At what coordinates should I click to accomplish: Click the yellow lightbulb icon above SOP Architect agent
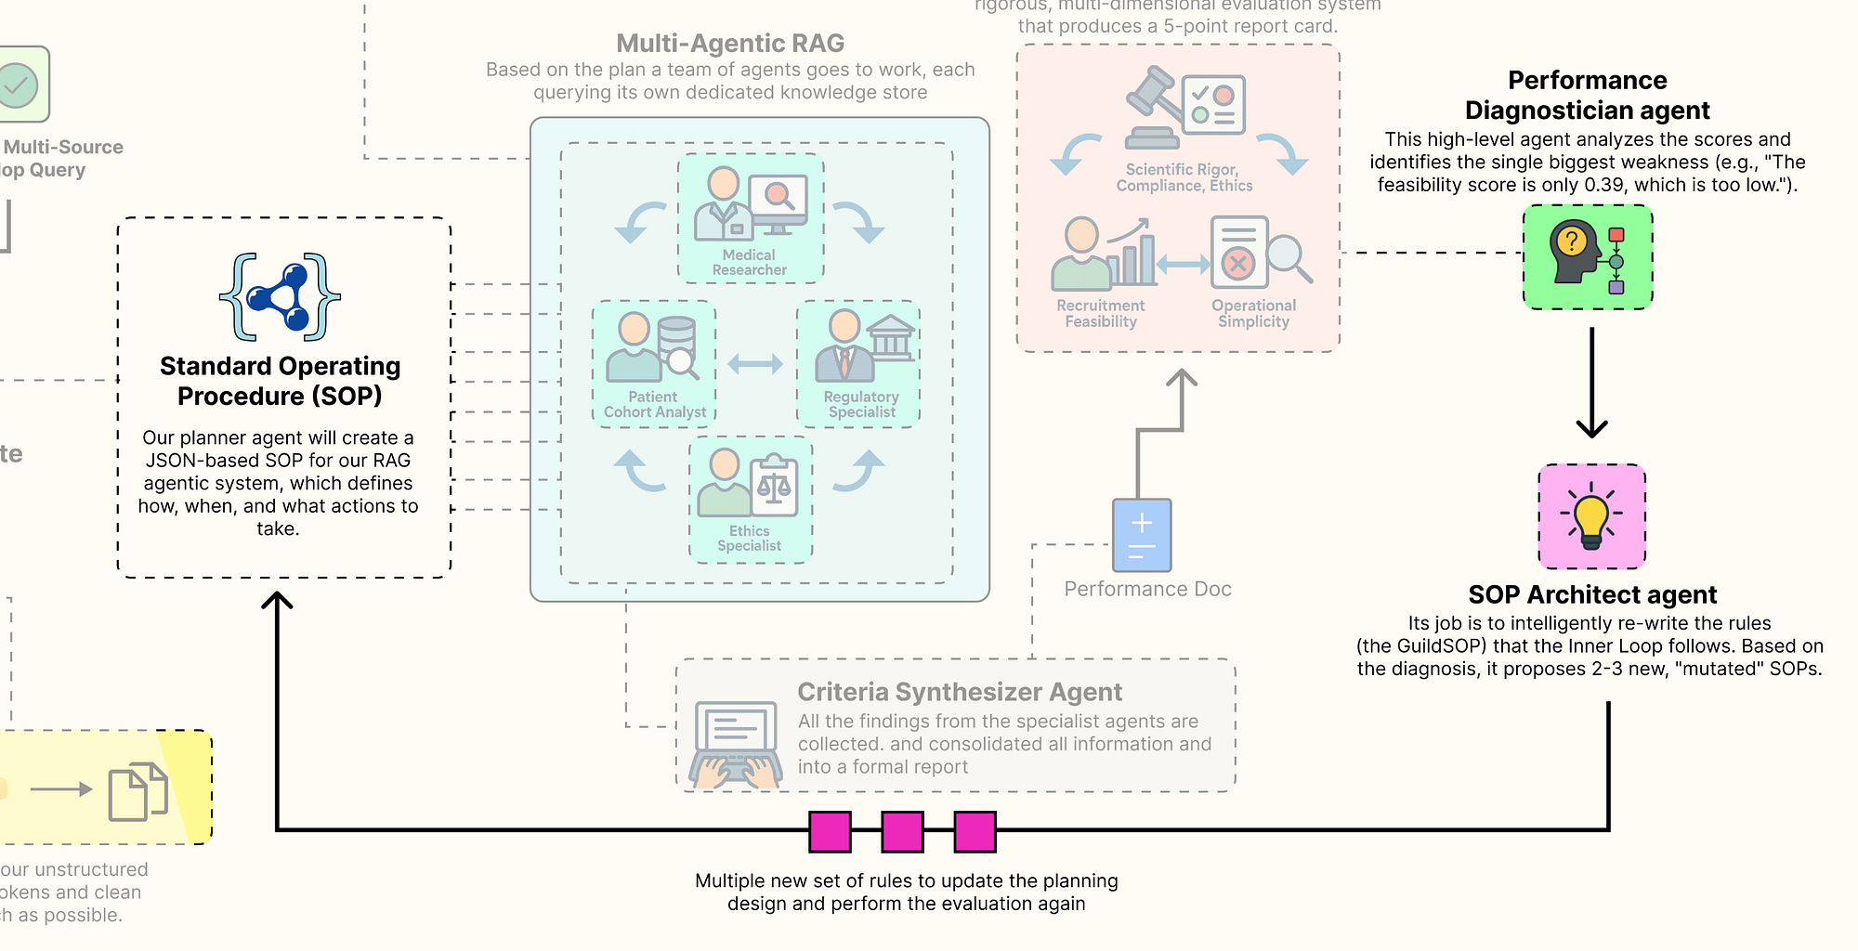[1591, 516]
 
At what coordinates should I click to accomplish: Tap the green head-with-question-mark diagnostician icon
[1588, 257]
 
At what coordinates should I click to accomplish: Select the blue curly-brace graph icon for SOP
[280, 297]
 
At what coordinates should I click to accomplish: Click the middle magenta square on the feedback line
[902, 831]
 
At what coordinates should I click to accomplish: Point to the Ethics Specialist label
[749, 539]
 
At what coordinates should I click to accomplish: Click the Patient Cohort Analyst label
[654, 405]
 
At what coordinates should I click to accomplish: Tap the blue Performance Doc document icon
[1142, 535]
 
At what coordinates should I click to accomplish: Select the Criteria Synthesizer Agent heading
[960, 692]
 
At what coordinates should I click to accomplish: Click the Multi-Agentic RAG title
[730, 44]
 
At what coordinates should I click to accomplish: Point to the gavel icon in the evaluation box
[1152, 107]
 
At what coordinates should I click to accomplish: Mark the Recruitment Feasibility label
[1101, 314]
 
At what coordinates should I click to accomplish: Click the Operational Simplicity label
[1253, 314]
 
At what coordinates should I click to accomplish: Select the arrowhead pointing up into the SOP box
[277, 600]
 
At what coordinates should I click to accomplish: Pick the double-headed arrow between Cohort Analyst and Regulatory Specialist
[755, 364]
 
